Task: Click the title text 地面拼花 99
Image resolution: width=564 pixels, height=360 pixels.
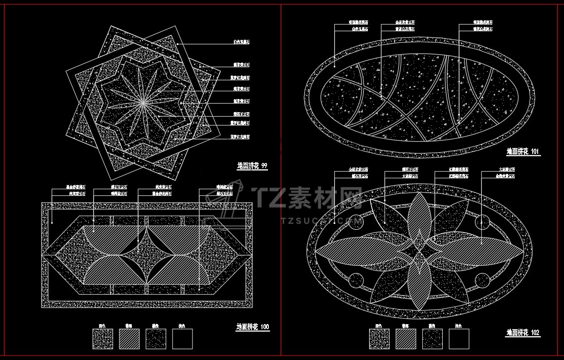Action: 252,166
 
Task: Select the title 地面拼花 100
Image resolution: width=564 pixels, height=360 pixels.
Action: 252,327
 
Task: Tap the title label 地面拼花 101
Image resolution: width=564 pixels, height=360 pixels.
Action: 523,152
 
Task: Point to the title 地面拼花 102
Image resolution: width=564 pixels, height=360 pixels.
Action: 523,333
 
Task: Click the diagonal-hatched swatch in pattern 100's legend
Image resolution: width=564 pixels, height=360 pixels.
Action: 129,339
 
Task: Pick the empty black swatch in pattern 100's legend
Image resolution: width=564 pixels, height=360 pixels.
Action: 182,339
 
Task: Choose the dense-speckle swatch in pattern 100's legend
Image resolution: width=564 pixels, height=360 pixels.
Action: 103,339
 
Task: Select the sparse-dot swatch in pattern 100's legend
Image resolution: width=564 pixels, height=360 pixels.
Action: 156,339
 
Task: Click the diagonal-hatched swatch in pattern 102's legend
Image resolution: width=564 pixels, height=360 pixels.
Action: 406,339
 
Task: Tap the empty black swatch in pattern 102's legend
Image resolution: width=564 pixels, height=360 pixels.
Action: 459,339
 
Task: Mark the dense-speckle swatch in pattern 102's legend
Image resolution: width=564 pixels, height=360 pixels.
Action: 379,339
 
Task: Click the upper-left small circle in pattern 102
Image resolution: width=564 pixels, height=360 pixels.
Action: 356,222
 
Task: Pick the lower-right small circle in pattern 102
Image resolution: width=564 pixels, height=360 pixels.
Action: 481,280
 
